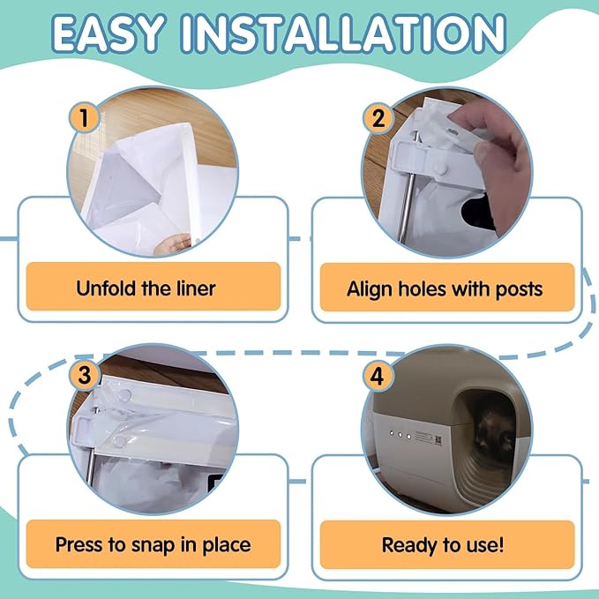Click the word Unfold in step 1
(x=105, y=288)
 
